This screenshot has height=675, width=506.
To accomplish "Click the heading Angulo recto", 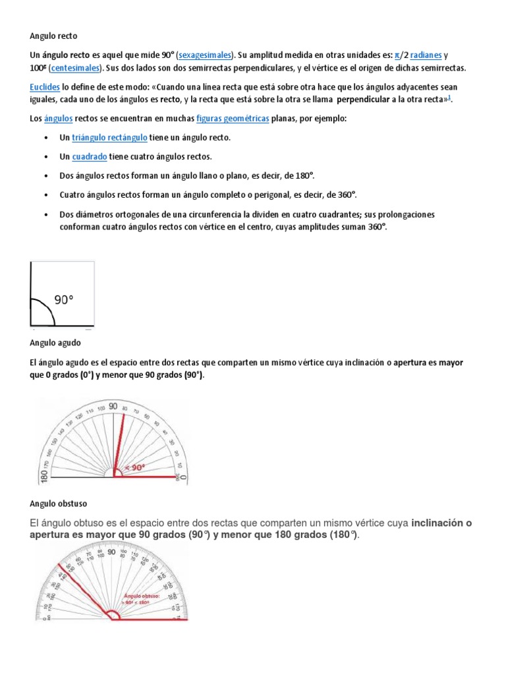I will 53,36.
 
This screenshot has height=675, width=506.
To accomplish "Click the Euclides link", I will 45,87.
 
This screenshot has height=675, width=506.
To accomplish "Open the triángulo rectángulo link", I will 109,138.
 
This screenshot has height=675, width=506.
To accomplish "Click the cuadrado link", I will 90,157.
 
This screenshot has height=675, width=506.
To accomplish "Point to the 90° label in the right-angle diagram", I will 64,300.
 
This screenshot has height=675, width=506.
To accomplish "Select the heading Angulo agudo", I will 55,343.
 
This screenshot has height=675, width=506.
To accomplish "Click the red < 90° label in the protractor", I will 134,467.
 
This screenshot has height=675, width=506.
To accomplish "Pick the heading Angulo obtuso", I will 58,504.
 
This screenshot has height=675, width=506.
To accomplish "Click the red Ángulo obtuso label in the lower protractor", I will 139,597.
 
